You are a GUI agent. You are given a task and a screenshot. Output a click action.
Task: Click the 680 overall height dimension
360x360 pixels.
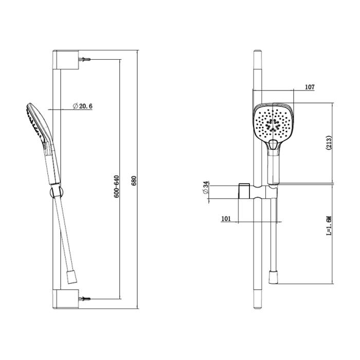tap(135, 181)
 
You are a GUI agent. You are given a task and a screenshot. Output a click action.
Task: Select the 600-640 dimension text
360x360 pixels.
tap(116, 186)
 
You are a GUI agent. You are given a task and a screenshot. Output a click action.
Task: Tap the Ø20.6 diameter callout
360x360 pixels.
tap(82, 106)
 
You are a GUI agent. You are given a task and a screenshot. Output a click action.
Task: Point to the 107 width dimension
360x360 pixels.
tap(310, 87)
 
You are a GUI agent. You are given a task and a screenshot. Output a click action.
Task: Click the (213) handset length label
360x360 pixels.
tap(329, 143)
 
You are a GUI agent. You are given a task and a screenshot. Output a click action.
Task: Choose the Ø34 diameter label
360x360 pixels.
tap(206, 188)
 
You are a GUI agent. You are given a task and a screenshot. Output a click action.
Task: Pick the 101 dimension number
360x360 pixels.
tap(226, 219)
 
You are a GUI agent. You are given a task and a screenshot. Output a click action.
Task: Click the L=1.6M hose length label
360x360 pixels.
tap(329, 226)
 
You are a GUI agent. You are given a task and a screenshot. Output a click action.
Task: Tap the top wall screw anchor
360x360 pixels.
tap(84, 60)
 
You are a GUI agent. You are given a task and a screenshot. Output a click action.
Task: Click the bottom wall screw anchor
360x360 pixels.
tap(84, 299)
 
